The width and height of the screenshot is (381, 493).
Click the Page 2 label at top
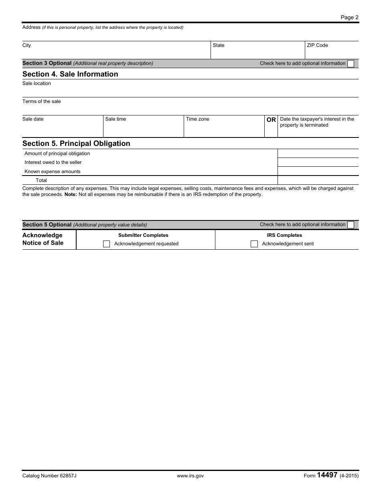(x=349, y=17)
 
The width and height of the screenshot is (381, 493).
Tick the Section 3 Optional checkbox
(x=351, y=63)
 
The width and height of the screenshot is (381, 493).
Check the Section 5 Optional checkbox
(x=351, y=225)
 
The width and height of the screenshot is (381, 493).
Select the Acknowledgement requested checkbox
(x=106, y=244)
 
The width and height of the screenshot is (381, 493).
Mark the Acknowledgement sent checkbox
(x=254, y=244)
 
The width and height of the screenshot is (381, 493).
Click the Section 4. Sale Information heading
(x=70, y=74)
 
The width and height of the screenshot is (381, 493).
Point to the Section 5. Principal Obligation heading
(x=76, y=143)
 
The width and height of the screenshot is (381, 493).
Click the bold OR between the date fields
(x=271, y=120)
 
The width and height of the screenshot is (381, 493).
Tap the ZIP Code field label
(x=317, y=45)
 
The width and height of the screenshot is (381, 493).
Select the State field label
(x=219, y=45)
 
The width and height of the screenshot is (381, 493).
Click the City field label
(x=26, y=45)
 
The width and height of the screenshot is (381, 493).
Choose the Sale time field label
(x=116, y=119)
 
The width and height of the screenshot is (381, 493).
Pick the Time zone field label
(x=197, y=119)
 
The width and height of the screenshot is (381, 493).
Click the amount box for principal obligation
(x=318, y=154)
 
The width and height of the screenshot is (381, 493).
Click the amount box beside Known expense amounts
(x=318, y=171)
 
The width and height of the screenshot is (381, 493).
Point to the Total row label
(x=41, y=180)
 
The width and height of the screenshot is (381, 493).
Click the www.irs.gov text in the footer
(x=190, y=476)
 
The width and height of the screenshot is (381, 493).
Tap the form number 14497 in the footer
(x=327, y=475)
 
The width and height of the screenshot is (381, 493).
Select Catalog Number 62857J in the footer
(x=49, y=476)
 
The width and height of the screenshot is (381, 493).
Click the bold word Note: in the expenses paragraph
(x=71, y=194)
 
